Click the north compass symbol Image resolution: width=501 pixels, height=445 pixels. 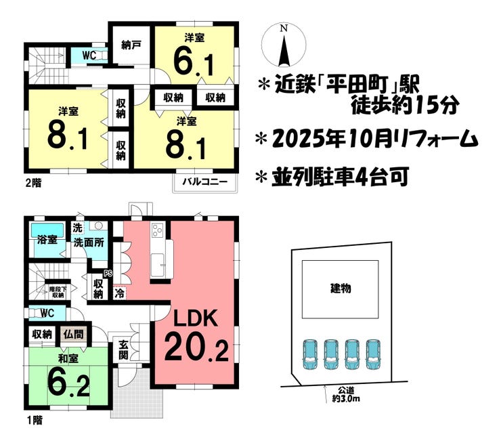[285, 45]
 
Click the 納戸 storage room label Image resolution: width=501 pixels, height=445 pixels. [131, 46]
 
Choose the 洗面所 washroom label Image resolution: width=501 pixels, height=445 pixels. [88, 242]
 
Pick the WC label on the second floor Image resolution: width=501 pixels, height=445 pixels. [89, 54]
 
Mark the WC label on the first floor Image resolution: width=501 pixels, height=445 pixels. [46, 313]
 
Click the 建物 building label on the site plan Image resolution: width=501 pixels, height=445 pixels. [341, 288]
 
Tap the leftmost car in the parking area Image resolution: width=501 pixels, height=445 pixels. [309, 354]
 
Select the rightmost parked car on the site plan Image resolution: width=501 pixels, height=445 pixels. [373, 354]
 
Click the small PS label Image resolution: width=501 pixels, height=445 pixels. [107, 274]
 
